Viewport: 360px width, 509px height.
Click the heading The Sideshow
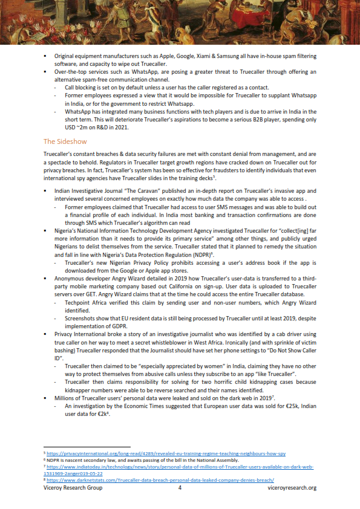point(65,141)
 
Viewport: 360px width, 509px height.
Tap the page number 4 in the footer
point(180,487)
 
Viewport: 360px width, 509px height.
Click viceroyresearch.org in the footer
point(292,487)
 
